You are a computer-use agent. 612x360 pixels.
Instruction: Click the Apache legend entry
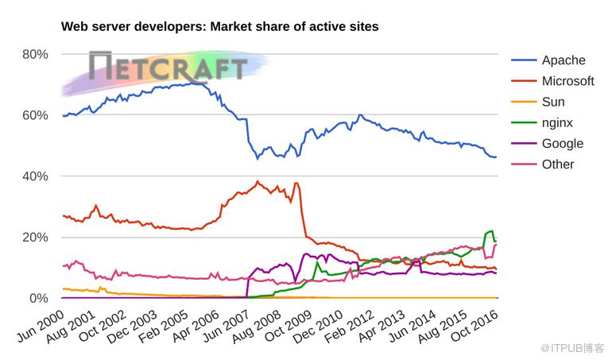pos(548,60)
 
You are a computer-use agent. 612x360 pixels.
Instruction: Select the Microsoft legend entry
pos(552,81)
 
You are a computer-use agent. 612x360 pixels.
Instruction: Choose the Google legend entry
pos(547,143)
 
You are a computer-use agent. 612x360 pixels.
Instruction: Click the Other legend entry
pos(543,164)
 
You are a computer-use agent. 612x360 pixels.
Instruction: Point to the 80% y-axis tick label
pos(35,54)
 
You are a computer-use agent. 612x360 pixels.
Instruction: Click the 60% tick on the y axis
pos(35,115)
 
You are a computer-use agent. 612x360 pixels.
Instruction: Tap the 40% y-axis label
pos(35,176)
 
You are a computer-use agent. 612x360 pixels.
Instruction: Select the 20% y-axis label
pos(35,237)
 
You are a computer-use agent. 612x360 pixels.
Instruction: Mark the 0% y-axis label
pos(39,298)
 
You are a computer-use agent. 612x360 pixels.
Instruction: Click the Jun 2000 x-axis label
pos(41,326)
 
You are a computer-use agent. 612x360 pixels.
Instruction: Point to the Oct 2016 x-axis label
pos(474,326)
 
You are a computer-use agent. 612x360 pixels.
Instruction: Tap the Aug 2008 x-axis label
pos(258,327)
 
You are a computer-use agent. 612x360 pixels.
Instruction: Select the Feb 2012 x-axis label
pos(350,327)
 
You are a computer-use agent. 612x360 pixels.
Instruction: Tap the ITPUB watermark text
pos(572,348)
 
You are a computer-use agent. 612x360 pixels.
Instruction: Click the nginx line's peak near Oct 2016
pos(492,230)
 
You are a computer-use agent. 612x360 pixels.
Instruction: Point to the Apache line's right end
pos(496,157)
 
